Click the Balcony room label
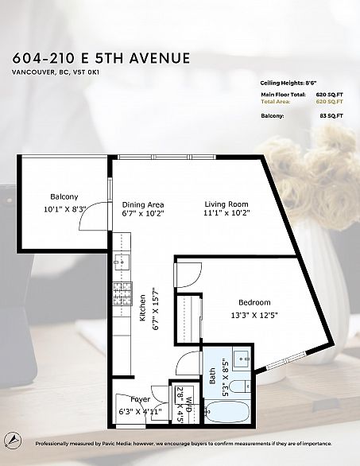click(64, 196)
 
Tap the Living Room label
click(226, 204)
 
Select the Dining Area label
click(143, 204)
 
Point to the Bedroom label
click(254, 302)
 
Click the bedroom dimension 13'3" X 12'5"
click(254, 315)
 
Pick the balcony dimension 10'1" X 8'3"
click(64, 209)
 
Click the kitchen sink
click(122, 262)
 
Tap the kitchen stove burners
click(122, 293)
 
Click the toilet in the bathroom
click(241, 386)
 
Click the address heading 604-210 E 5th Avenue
click(101, 58)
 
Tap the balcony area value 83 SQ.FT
click(331, 116)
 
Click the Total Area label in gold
click(276, 102)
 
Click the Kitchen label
click(143, 308)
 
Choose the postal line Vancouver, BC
click(55, 72)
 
